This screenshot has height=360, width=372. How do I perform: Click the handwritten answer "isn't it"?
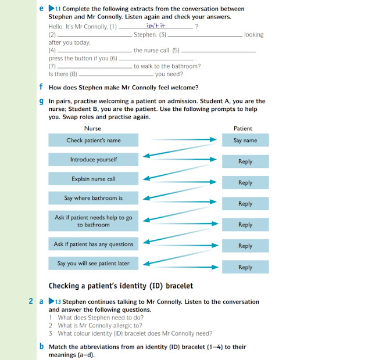[156, 25]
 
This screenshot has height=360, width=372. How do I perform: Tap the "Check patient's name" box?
[94, 140]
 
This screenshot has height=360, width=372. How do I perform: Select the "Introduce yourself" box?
[94, 160]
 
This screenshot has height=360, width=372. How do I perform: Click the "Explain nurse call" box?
[94, 179]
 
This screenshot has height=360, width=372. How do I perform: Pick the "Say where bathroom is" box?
[94, 198]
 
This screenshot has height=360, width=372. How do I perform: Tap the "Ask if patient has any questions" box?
[94, 244]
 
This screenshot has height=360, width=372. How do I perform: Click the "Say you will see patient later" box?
[94, 263]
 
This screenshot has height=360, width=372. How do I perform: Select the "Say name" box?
[245, 140]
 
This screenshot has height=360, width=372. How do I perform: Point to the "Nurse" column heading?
[92, 128]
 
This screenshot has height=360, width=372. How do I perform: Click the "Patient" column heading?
[243, 128]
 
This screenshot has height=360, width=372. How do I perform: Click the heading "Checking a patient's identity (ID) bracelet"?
[120, 286]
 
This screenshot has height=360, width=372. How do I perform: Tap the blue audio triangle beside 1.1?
[51, 9]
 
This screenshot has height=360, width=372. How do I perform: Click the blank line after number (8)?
[115, 75]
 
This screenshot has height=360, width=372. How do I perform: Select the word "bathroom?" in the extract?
[185, 66]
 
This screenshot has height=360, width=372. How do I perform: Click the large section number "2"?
[31, 301]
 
